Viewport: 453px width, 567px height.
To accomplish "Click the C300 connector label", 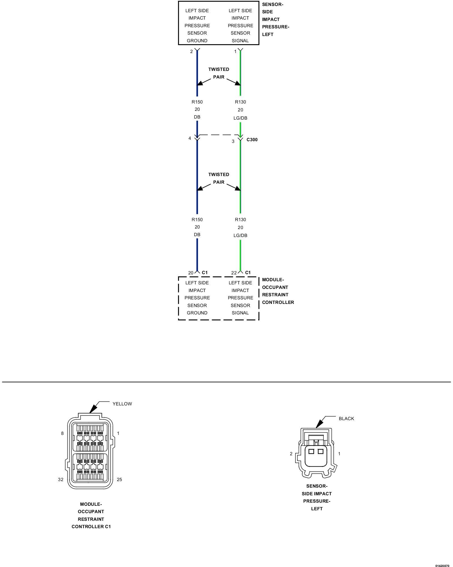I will pos(252,139).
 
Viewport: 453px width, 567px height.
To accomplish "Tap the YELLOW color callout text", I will pos(122,404).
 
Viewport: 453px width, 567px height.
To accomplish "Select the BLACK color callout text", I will pos(346,418).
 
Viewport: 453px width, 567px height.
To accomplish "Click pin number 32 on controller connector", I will pos(61,479).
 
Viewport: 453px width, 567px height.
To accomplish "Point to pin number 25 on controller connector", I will pos(119,479).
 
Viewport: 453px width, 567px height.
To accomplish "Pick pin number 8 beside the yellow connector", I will pos(62,433).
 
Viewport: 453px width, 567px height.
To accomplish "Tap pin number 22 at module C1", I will pos(234,273).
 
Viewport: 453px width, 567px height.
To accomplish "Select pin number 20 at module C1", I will pos(191,273).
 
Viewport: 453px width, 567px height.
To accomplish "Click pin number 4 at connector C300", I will pos(190,138).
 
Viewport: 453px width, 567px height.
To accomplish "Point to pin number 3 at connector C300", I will pos(233,141).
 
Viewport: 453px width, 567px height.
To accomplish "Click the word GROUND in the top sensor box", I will pos(197,41).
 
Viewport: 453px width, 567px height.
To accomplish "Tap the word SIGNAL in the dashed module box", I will pos(240,313).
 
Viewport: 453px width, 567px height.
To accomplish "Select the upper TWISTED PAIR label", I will pos(219,73).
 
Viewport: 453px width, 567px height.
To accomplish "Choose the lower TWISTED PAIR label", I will pos(219,178).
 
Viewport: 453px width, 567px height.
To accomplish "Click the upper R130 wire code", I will pos(240,102).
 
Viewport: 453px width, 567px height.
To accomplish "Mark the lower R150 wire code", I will pos(197,219).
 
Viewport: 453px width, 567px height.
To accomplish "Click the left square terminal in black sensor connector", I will pos(311,451).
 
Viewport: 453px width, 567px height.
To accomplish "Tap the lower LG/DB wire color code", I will pos(240,235).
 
